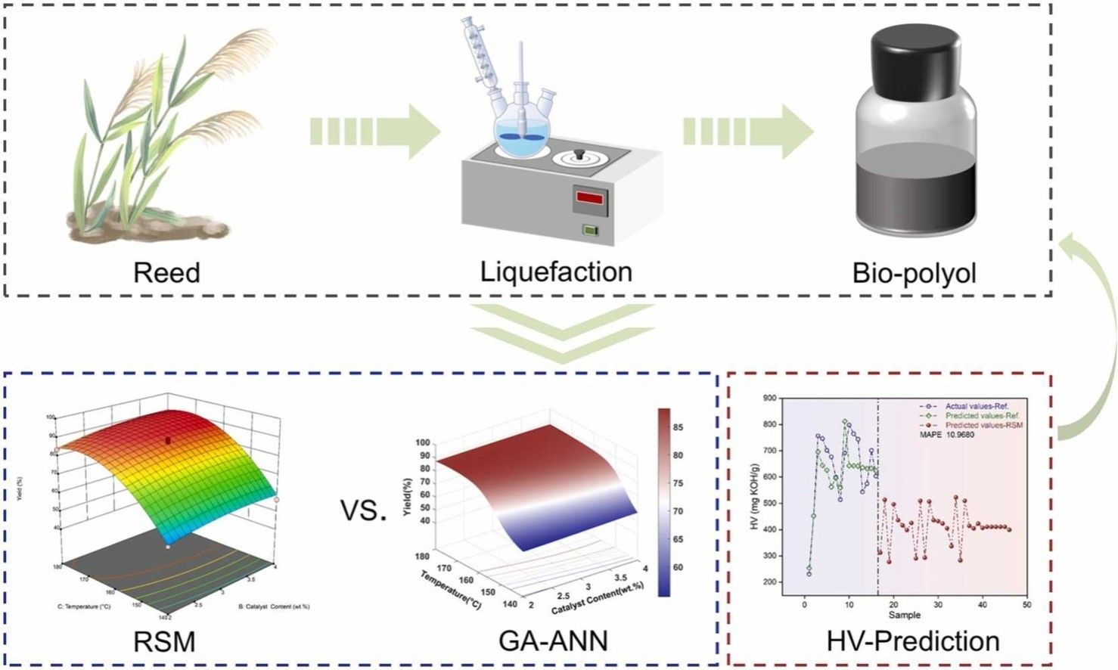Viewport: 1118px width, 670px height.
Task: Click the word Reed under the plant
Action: (x=166, y=272)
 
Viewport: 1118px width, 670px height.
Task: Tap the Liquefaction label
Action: (x=556, y=271)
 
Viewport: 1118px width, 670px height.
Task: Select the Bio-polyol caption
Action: (x=914, y=273)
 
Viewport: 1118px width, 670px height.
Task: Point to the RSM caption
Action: (x=164, y=642)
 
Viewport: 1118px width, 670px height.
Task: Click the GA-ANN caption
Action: (x=553, y=641)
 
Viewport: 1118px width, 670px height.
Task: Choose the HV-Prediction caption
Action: (x=913, y=641)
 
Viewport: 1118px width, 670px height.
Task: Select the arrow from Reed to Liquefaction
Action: (x=374, y=132)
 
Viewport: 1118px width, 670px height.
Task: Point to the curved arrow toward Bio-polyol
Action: (x=1089, y=333)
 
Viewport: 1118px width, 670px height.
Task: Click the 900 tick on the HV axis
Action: (x=769, y=398)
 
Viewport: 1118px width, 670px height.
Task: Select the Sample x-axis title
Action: (x=904, y=616)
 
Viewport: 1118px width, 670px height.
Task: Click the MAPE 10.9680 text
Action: (x=946, y=435)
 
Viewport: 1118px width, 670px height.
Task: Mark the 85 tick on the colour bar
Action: (x=678, y=427)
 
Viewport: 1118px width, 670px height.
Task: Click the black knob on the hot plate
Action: (x=579, y=154)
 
